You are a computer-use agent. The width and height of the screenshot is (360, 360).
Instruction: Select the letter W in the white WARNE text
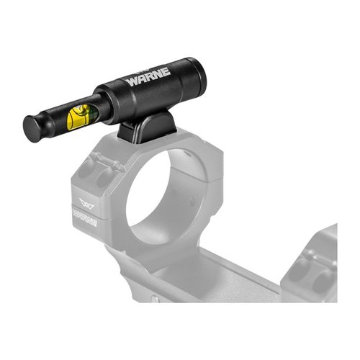pyautogui.click(x=132, y=81)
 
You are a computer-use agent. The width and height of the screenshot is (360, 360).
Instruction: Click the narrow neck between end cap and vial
pyautogui.click(x=54, y=120)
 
